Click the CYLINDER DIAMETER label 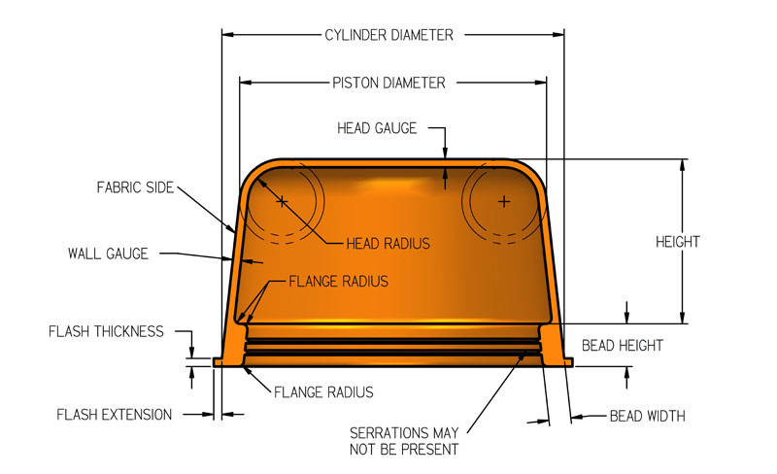[388, 35]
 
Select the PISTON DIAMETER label [388, 83]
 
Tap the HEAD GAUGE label [377, 127]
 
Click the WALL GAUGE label [108, 254]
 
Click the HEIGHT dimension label [678, 242]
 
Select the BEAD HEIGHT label [624, 345]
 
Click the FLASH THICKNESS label [106, 331]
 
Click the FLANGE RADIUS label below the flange [323, 392]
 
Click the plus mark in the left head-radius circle [282, 202]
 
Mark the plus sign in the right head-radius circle [503, 202]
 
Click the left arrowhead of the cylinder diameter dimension [228, 35]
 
